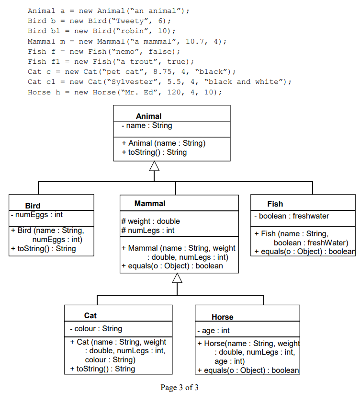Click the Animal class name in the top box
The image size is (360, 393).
click(x=148, y=116)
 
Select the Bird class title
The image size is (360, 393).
click(x=33, y=206)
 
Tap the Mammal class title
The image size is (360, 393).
click(x=150, y=203)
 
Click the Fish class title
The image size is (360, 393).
click(x=275, y=204)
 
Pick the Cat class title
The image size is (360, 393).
click(x=90, y=315)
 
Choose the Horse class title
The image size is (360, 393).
click(x=222, y=317)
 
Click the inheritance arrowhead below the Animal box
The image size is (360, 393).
click(x=154, y=166)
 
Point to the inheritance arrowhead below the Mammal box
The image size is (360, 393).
click(x=177, y=278)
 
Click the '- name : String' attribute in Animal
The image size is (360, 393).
click(x=146, y=126)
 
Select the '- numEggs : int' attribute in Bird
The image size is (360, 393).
click(x=37, y=215)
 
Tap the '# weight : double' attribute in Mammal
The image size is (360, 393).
click(x=151, y=221)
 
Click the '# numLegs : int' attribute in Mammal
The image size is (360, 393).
click(x=148, y=231)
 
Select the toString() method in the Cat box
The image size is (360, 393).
click(x=102, y=369)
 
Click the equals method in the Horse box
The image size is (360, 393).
click(x=248, y=370)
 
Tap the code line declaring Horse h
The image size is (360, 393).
click(x=124, y=92)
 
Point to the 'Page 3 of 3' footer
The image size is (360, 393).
click(x=180, y=387)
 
